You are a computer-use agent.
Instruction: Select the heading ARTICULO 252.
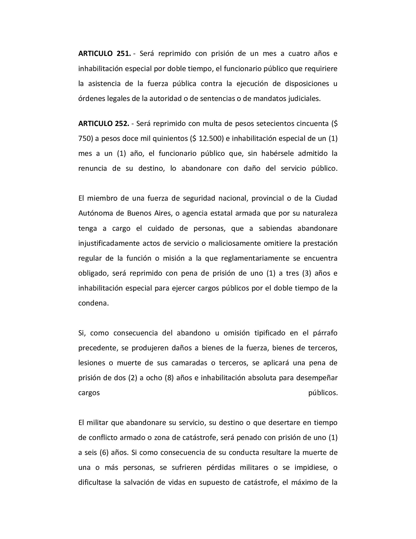[x=104, y=124]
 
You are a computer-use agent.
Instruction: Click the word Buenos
[x=139, y=213]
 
